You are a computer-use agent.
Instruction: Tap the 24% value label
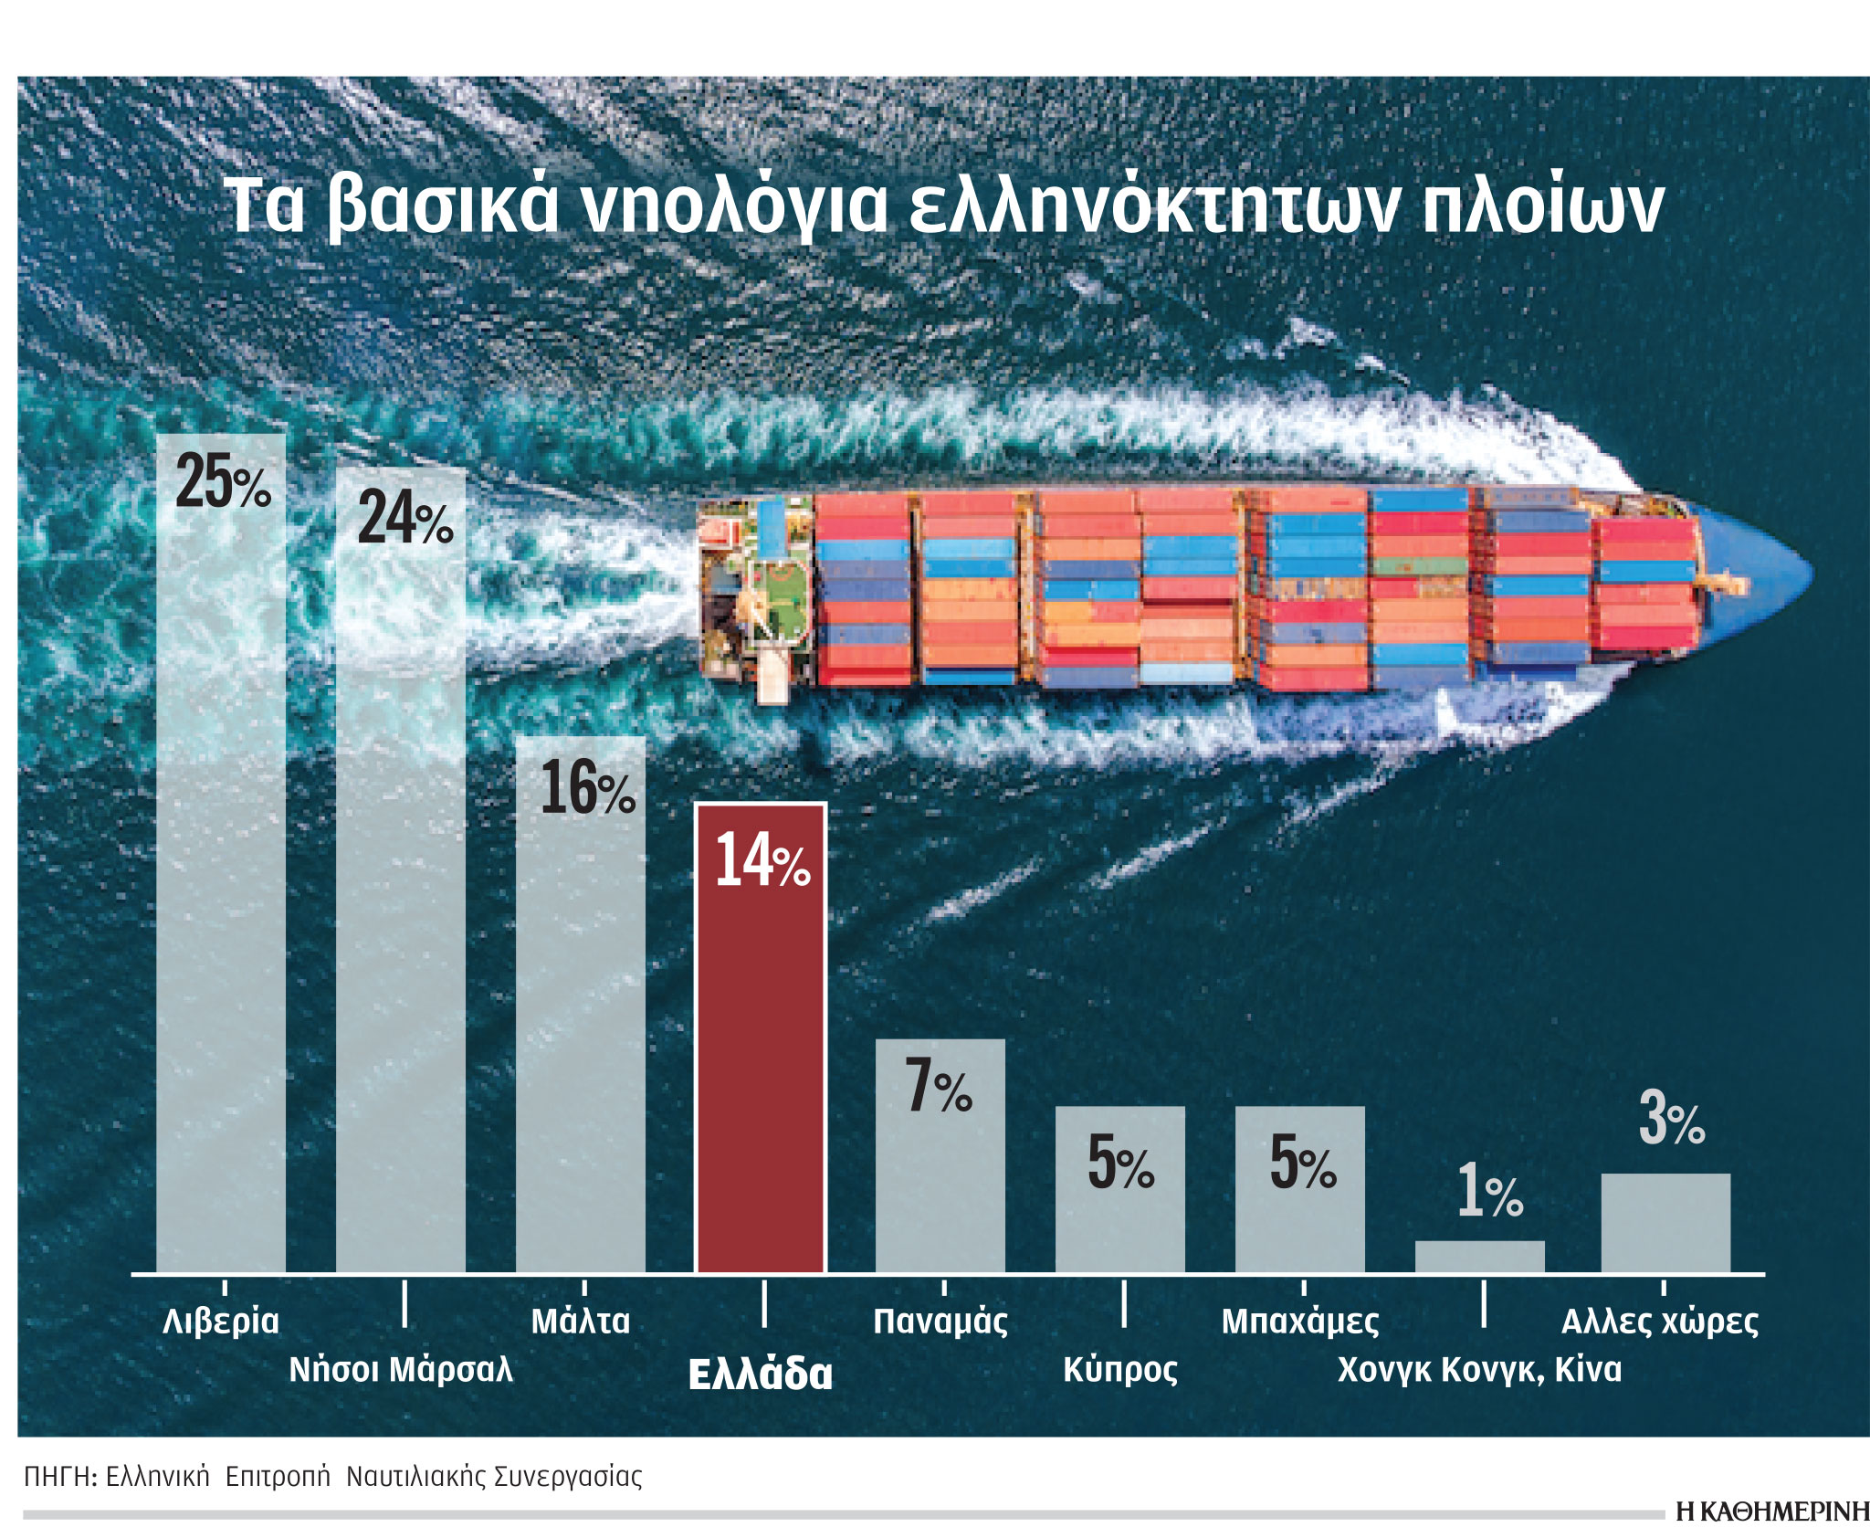(404, 517)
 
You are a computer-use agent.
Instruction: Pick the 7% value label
(939, 1086)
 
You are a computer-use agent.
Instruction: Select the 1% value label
(1489, 1192)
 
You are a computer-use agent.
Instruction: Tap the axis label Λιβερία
(221, 1322)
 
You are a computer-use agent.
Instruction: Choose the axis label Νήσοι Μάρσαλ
(401, 1370)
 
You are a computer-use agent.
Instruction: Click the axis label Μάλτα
(581, 1322)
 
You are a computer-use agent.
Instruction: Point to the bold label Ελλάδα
(761, 1375)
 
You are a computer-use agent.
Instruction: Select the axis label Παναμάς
(940, 1322)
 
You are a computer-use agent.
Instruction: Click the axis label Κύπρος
(1120, 1370)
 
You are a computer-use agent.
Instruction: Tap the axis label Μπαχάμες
(1300, 1322)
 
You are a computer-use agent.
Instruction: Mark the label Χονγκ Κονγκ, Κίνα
(1479, 1370)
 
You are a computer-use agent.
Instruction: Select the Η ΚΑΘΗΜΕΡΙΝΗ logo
(1771, 1512)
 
